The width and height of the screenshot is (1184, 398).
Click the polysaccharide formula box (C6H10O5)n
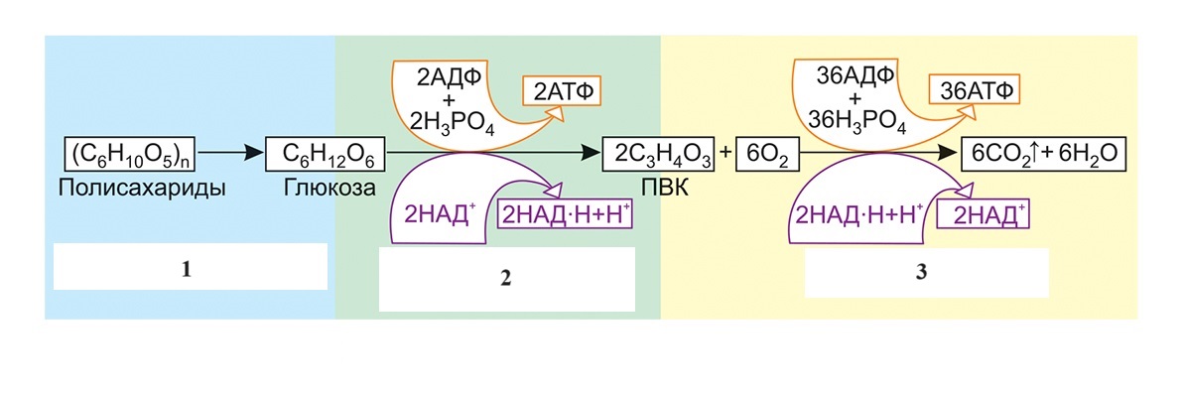pyautogui.click(x=118, y=155)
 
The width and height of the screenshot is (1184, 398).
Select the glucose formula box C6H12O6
pyautogui.click(x=326, y=155)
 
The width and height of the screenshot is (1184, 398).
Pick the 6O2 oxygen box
pyautogui.click(x=769, y=155)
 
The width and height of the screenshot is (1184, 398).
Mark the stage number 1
pyautogui.click(x=189, y=268)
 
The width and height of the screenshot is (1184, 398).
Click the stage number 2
pyautogui.click(x=505, y=278)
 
